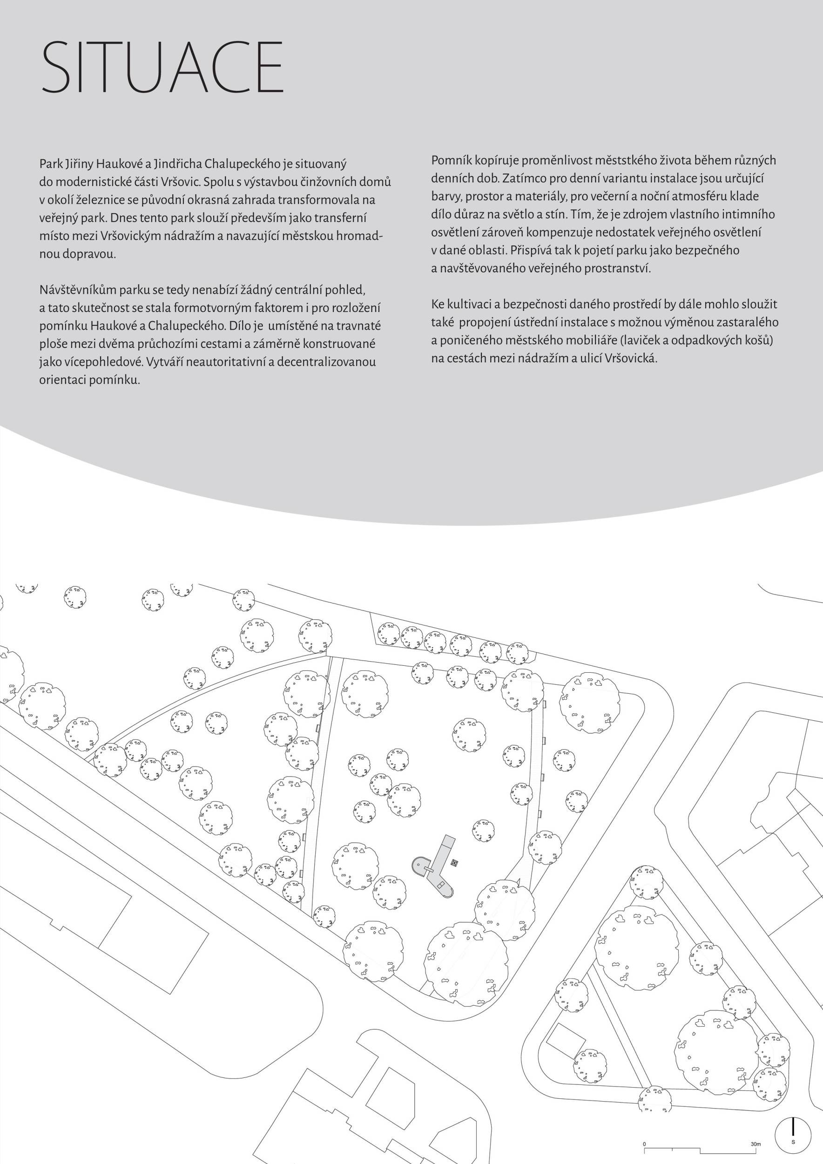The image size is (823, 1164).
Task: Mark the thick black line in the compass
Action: tap(793, 1123)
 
